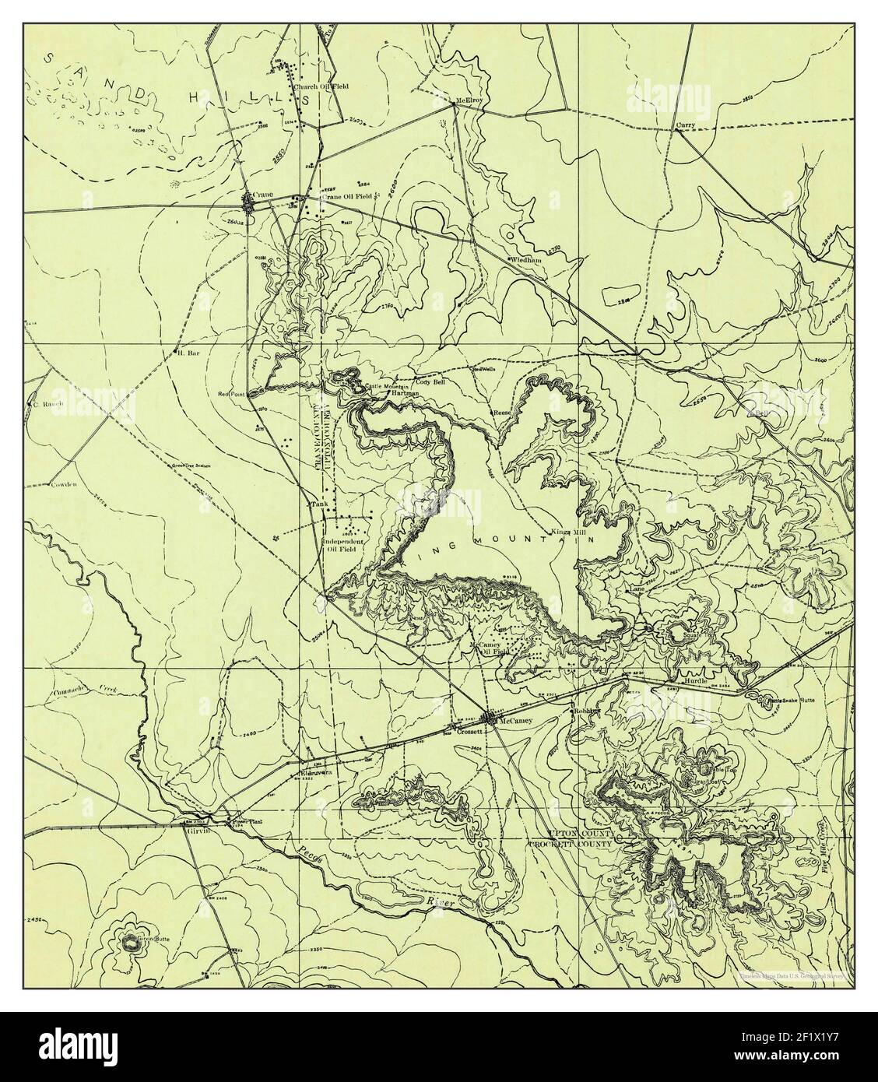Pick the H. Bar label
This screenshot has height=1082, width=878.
pos(184,352)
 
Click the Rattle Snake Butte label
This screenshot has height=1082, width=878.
pos(791,700)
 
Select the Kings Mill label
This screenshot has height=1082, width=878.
pos(572,532)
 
